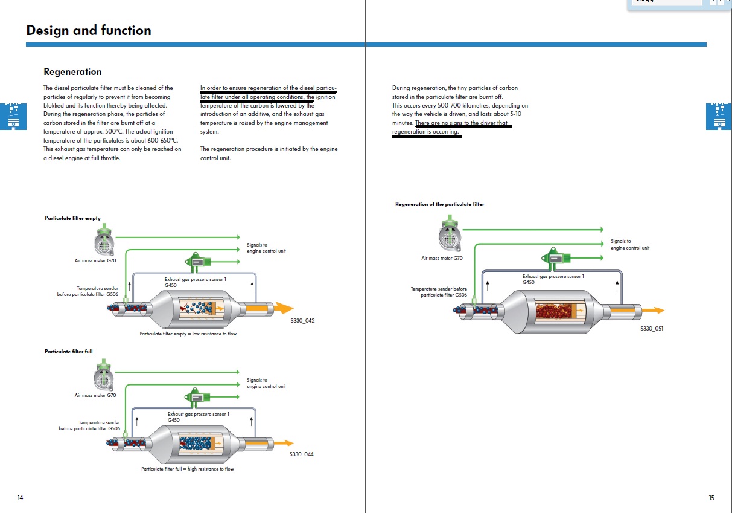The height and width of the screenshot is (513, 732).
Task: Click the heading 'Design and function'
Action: point(89,31)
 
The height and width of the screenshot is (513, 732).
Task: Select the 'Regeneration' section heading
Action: point(72,72)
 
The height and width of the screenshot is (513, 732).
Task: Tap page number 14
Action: point(20,498)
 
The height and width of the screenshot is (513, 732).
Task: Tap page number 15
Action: point(711,498)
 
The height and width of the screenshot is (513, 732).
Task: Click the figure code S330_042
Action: point(302,321)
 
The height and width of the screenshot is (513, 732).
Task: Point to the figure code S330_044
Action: point(301,454)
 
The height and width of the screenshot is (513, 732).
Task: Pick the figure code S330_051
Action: point(652,329)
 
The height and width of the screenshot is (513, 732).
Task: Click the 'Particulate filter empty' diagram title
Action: point(72,218)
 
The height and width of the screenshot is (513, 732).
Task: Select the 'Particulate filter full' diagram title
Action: point(69,352)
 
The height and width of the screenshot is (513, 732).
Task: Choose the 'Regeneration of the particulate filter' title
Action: point(439,204)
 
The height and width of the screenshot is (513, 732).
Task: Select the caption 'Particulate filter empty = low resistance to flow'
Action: point(188,334)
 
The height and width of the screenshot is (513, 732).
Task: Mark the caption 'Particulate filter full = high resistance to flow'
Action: point(188,469)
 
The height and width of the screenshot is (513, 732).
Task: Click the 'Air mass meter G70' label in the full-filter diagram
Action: point(95,395)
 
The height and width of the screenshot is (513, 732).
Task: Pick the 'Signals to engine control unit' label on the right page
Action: point(629,245)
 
